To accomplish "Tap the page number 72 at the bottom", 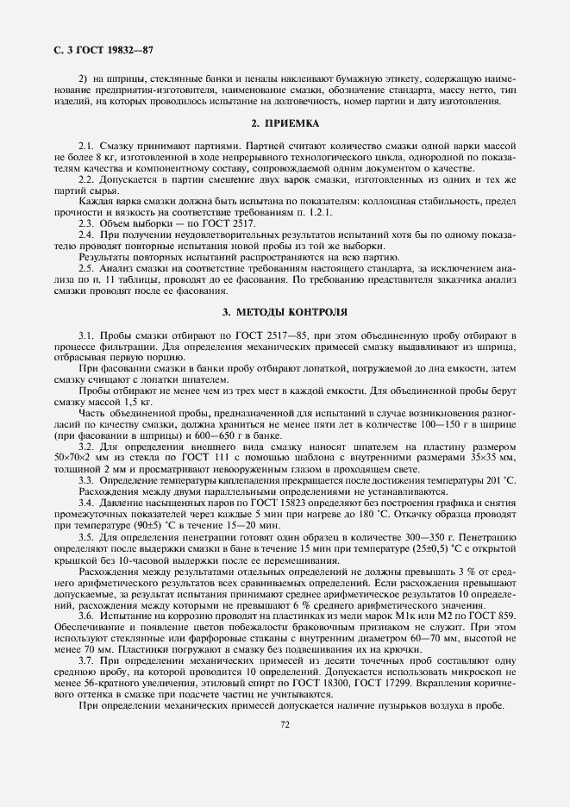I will [285, 725].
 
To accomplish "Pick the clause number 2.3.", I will [86, 223].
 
